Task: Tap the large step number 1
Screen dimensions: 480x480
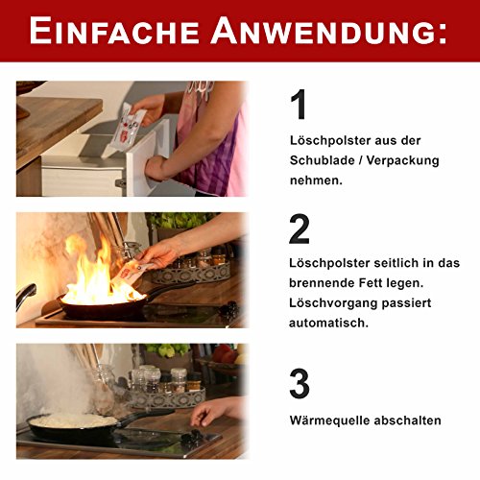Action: (x=299, y=106)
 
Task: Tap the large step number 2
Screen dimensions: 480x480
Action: (x=300, y=229)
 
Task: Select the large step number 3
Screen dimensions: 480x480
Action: (x=300, y=383)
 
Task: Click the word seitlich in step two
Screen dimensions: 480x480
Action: (x=374, y=263)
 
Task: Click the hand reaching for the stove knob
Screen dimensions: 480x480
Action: (x=216, y=411)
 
